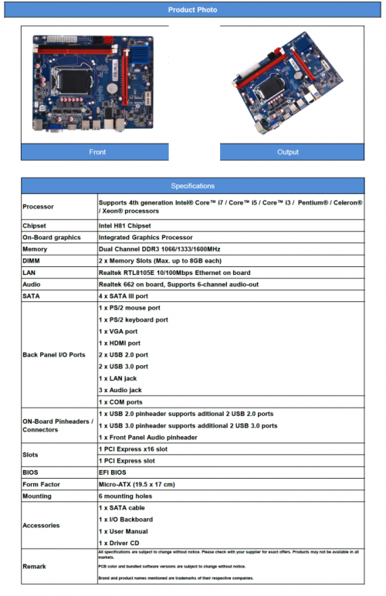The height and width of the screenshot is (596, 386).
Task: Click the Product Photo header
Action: click(x=192, y=10)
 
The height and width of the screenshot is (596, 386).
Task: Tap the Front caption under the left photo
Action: click(x=97, y=152)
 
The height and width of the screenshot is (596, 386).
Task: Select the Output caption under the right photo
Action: click(x=287, y=152)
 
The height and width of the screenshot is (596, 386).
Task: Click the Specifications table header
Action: click(x=192, y=186)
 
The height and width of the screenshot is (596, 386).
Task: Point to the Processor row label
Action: click(x=39, y=207)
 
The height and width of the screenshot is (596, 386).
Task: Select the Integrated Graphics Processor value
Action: click(x=146, y=237)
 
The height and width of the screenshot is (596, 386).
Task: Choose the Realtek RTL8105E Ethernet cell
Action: click(x=174, y=273)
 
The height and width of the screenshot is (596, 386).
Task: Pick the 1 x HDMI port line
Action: click(x=120, y=343)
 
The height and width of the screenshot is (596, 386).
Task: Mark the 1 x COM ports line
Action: click(x=121, y=401)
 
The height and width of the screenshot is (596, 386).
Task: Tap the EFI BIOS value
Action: click(x=114, y=472)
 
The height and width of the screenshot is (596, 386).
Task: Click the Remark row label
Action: click(x=35, y=567)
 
